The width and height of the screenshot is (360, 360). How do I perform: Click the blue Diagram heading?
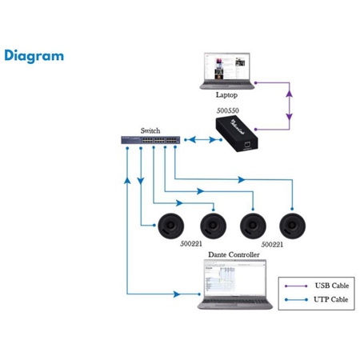[34, 56]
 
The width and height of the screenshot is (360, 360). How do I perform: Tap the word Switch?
[150, 130]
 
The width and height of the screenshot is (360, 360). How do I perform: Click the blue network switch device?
[147, 141]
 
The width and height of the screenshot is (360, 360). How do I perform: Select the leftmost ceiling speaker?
[170, 227]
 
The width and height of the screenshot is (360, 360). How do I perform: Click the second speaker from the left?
[212, 227]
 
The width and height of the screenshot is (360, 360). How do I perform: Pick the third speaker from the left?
[252, 227]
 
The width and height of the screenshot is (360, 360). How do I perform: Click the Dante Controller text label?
[234, 254]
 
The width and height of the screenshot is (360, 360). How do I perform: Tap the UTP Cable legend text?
[330, 301]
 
